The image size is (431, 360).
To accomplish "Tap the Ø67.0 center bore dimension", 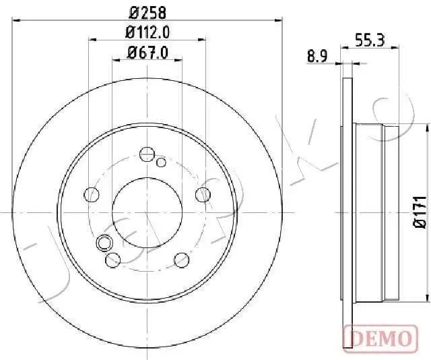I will (x=147, y=52).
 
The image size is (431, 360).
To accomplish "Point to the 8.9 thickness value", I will (x=317, y=57).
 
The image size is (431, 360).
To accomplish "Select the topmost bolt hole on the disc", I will (x=147, y=153).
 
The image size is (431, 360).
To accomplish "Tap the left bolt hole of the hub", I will (x=91, y=195).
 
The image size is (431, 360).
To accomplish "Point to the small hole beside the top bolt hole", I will (x=160, y=162).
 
